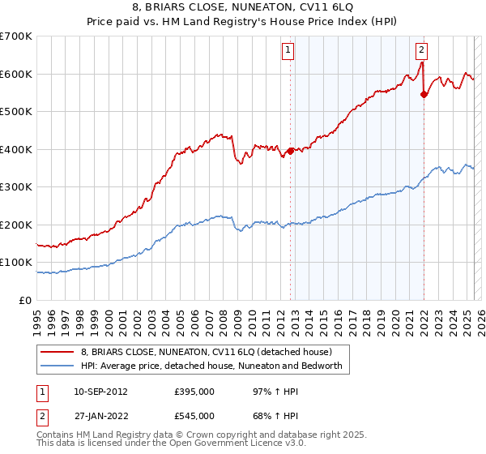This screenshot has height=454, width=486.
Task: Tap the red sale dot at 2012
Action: (290, 151)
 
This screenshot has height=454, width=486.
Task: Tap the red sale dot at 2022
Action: (424, 94)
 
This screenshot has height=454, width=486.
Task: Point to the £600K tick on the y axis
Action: (16, 74)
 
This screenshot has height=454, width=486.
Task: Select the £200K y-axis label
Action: (16, 225)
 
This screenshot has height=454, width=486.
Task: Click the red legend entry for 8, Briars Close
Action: (206, 352)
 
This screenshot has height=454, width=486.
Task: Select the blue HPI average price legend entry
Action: (212, 366)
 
